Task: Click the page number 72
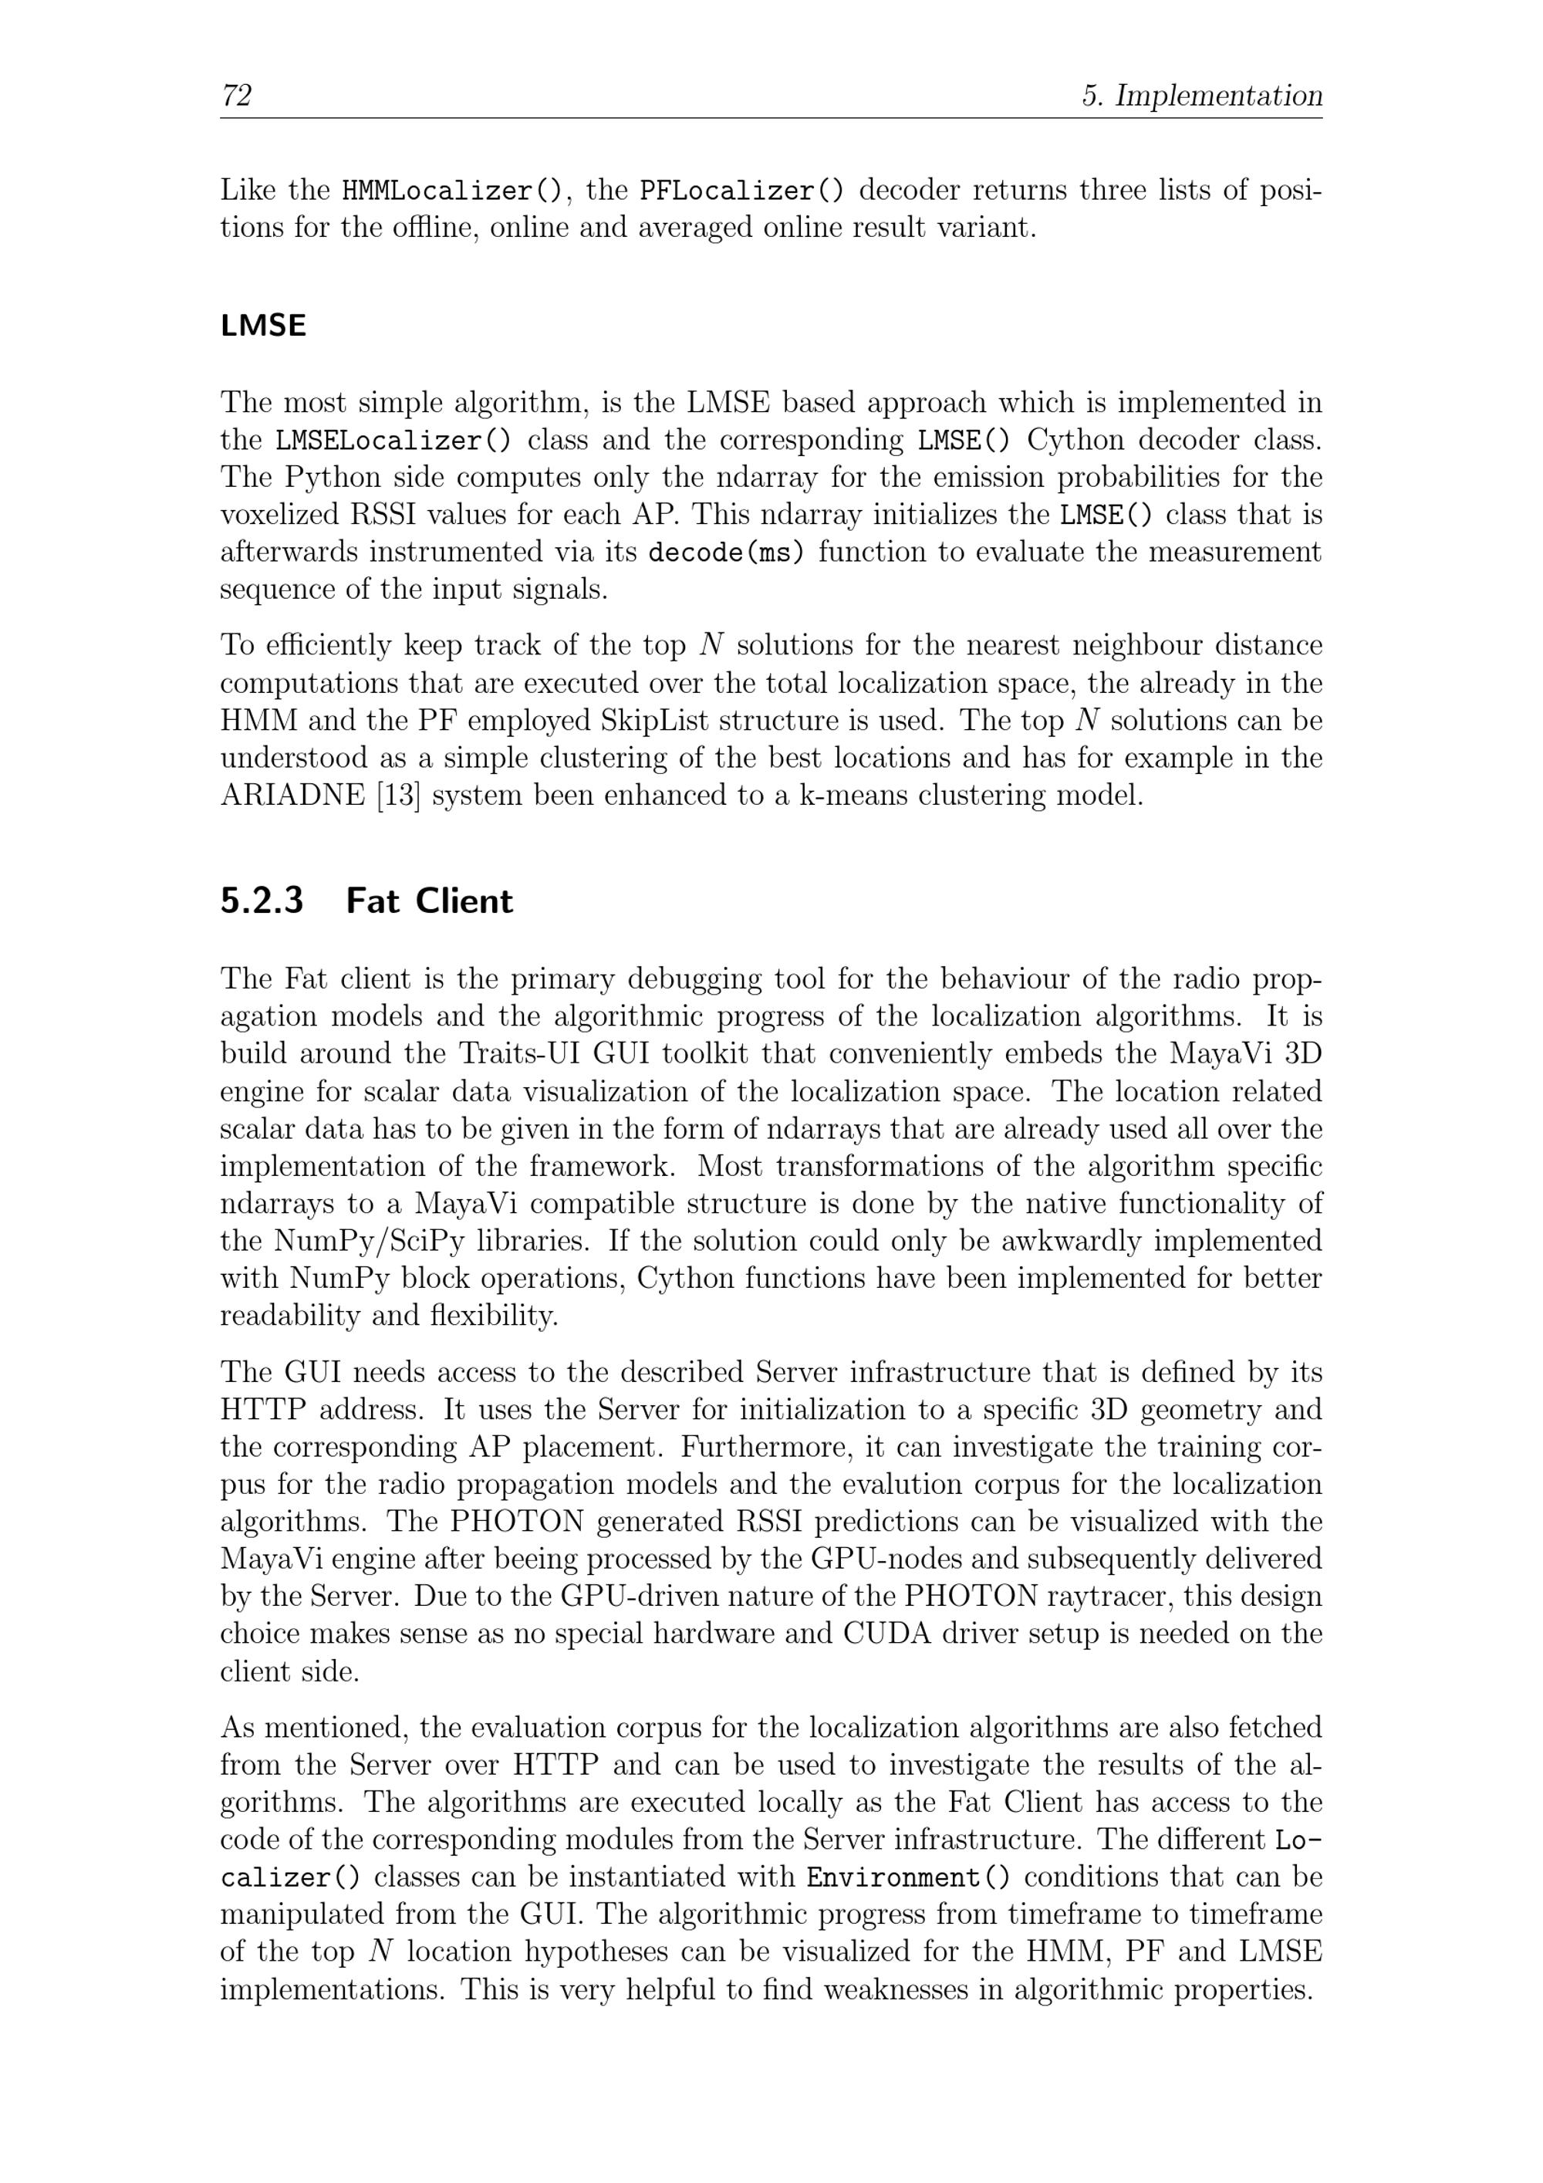(236, 95)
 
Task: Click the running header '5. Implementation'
(1202, 95)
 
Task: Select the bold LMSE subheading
(263, 326)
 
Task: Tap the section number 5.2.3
(262, 901)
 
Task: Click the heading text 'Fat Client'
(429, 901)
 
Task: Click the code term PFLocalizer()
(741, 191)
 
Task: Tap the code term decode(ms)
(725, 553)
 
